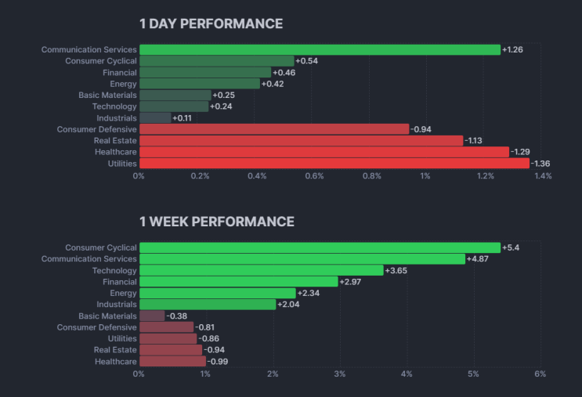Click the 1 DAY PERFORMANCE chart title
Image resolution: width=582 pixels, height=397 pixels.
point(211,23)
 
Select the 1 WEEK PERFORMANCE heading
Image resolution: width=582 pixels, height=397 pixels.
point(217,222)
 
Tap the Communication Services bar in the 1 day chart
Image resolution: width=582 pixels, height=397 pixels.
point(320,49)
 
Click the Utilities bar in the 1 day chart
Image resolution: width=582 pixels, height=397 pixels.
point(334,163)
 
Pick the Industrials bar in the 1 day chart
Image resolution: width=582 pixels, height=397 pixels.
point(156,118)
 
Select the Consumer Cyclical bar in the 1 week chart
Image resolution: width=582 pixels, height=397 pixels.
point(320,247)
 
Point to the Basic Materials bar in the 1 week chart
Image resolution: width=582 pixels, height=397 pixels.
point(152,316)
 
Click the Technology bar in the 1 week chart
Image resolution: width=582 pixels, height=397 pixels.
point(262,270)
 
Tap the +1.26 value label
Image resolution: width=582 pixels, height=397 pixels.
point(512,49)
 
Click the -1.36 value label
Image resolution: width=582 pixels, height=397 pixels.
point(540,164)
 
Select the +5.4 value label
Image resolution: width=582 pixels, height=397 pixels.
point(511,247)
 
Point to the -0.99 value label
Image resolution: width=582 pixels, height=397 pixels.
point(218,362)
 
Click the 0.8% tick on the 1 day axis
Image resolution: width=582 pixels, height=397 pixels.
point(372,176)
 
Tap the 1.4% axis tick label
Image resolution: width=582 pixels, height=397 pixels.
point(543,176)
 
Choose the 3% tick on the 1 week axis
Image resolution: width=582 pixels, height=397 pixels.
point(340,374)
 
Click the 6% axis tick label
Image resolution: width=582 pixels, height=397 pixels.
point(540,374)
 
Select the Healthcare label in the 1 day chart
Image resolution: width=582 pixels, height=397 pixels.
point(116,152)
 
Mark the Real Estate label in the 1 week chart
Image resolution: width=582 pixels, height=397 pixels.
point(115,350)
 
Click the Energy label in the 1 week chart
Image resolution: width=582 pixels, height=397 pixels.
point(123,294)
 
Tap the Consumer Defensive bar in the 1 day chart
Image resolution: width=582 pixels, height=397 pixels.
point(274,129)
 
